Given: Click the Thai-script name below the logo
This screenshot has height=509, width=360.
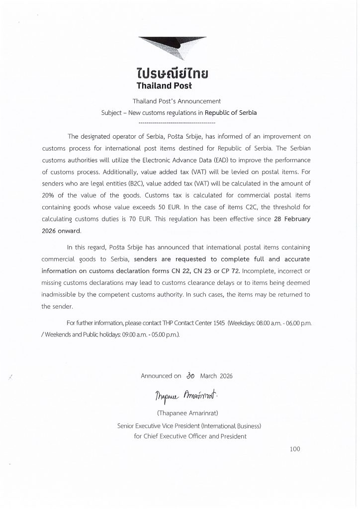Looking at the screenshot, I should [x=172, y=74].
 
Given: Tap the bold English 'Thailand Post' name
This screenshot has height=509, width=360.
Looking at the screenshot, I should [x=172, y=85].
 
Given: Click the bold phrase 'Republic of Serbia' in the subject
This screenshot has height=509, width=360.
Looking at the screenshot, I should [x=231, y=112].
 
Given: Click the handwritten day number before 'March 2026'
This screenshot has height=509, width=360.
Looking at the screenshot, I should [x=189, y=376].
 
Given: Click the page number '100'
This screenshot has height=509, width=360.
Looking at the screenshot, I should [x=295, y=449].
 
